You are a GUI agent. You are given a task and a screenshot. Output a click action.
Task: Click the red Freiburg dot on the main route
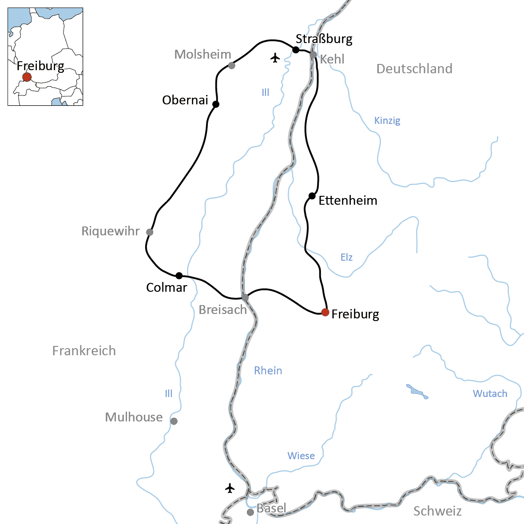(x=325, y=312)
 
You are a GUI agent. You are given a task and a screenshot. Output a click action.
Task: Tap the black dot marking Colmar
(x=179, y=275)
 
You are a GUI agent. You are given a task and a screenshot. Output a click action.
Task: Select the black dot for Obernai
(x=216, y=104)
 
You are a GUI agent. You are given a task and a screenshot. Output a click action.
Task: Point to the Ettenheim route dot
(x=312, y=196)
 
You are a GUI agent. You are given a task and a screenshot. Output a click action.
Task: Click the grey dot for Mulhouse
(x=174, y=421)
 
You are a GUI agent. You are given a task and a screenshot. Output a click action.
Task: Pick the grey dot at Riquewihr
(x=150, y=232)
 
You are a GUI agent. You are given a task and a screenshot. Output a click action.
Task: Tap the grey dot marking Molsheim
(x=231, y=66)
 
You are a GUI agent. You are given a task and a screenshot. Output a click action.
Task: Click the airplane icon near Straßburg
(x=275, y=58)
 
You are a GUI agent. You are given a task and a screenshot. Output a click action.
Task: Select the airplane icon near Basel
(x=230, y=488)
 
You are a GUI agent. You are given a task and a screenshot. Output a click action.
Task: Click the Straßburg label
(x=324, y=39)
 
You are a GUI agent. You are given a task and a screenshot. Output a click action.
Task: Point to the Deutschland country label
(x=414, y=69)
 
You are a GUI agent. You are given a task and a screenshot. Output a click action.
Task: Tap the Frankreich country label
(x=84, y=351)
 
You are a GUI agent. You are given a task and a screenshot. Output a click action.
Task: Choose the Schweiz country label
(x=437, y=511)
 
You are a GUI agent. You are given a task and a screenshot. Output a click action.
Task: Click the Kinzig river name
(x=387, y=120)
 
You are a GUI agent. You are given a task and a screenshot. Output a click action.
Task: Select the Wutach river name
(x=490, y=393)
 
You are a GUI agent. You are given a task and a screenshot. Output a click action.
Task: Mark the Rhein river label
(x=268, y=371)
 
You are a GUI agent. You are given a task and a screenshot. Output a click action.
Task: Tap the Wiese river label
(x=301, y=456)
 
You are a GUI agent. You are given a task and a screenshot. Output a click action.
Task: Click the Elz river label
(x=346, y=257)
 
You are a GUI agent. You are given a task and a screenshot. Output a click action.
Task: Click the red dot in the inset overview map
(x=27, y=77)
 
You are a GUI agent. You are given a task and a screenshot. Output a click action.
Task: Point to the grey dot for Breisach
(x=245, y=297)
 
